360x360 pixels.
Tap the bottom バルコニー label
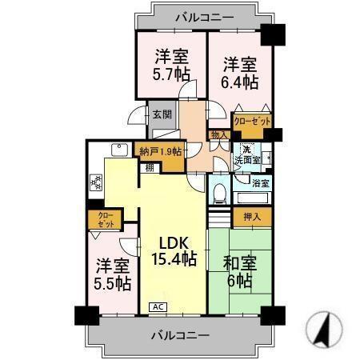pos(181,334)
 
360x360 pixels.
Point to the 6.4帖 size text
pos(240,82)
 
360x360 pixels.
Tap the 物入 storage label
pos(218,135)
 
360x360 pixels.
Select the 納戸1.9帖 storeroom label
pos(161,151)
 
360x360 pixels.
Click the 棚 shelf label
pos(150,167)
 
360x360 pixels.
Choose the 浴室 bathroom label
pos(261,183)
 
